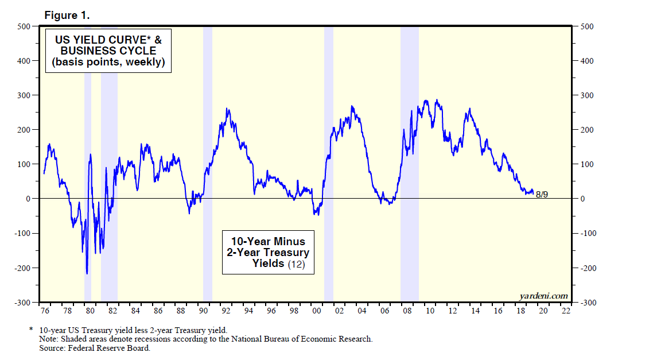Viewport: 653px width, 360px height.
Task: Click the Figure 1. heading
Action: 67,16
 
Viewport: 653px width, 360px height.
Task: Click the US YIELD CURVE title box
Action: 109,51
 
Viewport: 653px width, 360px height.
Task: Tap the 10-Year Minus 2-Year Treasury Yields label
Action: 268,252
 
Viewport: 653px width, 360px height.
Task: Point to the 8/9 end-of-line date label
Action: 542,195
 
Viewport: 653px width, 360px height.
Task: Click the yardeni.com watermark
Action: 543,296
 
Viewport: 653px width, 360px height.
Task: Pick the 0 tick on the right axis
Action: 584,199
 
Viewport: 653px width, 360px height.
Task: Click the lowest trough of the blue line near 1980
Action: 87,273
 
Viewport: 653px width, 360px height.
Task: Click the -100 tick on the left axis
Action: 22,233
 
